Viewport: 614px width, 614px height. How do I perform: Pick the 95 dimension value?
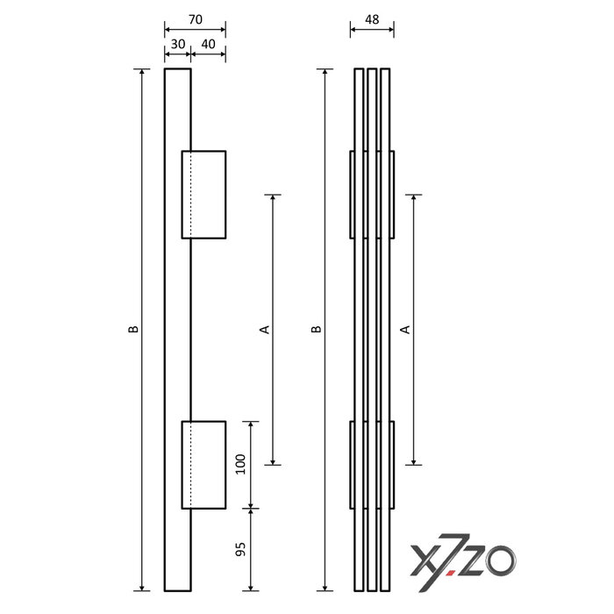point(240,551)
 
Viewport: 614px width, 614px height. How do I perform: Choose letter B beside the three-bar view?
point(316,330)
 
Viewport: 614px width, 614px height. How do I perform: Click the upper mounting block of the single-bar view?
point(209,194)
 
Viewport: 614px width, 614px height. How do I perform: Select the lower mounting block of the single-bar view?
point(209,465)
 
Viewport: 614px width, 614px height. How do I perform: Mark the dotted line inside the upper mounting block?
point(191,194)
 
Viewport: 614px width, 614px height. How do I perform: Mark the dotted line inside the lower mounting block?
point(191,465)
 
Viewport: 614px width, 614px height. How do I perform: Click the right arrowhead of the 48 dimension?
point(389,31)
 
